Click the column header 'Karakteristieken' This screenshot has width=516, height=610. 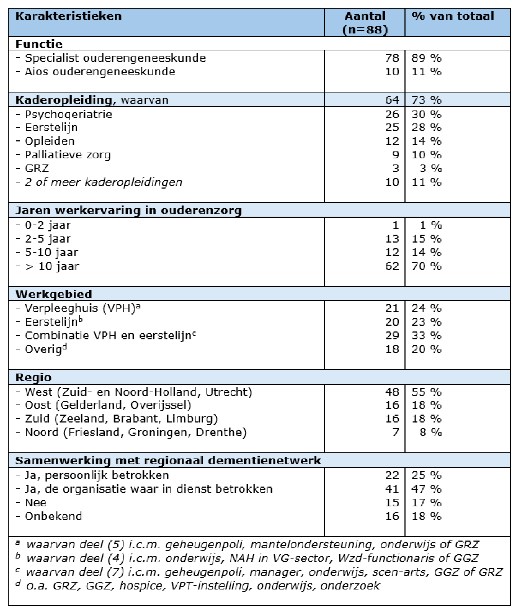[x=69, y=16]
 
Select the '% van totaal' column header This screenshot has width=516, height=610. [x=453, y=16]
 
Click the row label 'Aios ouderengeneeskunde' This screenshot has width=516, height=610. [x=100, y=72]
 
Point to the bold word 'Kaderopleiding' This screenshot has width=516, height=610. [x=64, y=100]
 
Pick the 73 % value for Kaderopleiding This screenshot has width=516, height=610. [x=426, y=100]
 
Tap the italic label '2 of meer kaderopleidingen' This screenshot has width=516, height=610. [x=103, y=182]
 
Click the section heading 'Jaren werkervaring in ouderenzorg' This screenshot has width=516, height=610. [x=128, y=210]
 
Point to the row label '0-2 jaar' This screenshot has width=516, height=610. [x=48, y=225]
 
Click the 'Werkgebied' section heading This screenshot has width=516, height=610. [x=54, y=294]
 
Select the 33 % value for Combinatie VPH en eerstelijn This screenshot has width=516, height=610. [x=426, y=335]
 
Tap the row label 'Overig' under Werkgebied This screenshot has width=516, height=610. [x=43, y=349]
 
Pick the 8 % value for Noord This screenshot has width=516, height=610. [x=430, y=432]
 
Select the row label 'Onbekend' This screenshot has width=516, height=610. [x=53, y=516]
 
